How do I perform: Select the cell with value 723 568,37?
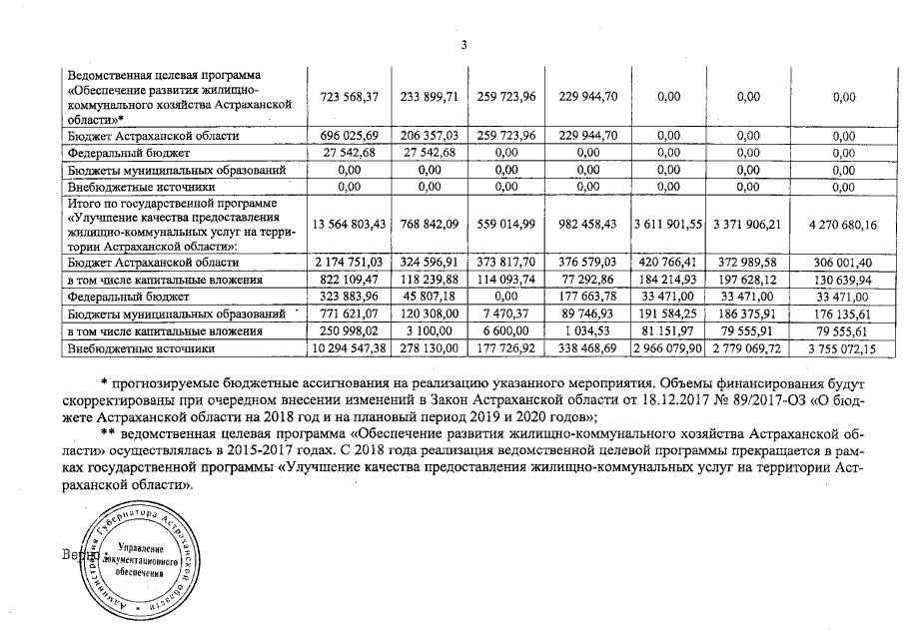(x=348, y=97)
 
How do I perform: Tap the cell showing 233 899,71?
(x=429, y=97)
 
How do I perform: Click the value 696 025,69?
(x=348, y=135)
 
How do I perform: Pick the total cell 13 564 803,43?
(x=348, y=225)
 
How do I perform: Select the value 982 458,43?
(x=590, y=225)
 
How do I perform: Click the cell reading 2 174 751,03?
(x=348, y=262)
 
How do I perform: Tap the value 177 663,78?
(x=590, y=297)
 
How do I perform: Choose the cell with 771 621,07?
(x=348, y=315)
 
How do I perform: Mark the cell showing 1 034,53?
(x=590, y=331)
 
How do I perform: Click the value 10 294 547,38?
(x=348, y=349)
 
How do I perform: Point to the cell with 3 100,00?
(x=429, y=331)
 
